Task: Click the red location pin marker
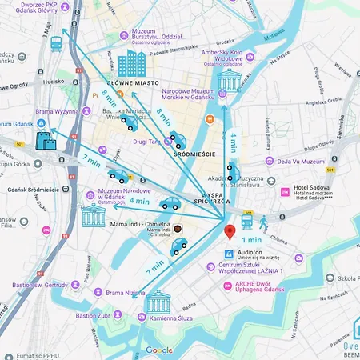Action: (229, 232)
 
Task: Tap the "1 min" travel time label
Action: (252, 239)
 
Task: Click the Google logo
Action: (159, 350)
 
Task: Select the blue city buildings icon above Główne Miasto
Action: (132, 63)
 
